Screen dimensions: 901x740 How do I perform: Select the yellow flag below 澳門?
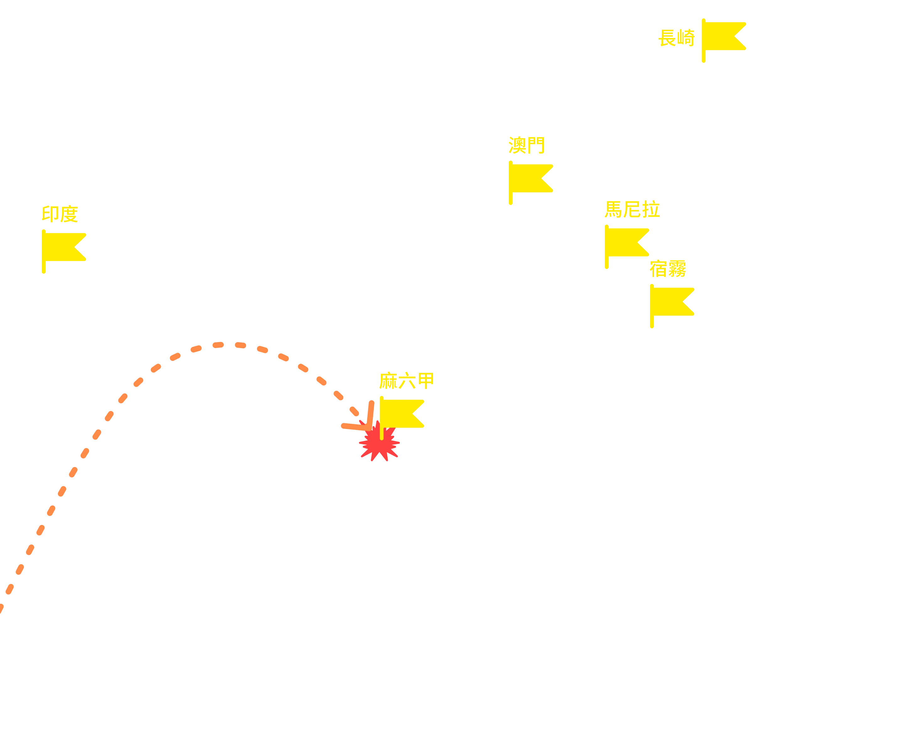530,182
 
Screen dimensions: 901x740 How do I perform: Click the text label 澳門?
526,145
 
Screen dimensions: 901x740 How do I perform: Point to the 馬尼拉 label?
632,209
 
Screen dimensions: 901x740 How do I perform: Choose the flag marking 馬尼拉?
626,246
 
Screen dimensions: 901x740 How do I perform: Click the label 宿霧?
668,269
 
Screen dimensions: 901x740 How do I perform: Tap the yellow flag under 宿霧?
672,306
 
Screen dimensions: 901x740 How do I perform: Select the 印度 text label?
60,214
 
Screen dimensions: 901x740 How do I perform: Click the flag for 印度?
64,251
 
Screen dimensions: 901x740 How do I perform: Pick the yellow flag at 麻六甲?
401,417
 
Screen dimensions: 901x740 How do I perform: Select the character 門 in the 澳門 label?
536,145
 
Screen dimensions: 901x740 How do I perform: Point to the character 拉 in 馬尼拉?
651,209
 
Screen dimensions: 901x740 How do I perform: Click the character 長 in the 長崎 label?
668,38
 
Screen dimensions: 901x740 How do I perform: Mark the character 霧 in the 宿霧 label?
677,269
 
